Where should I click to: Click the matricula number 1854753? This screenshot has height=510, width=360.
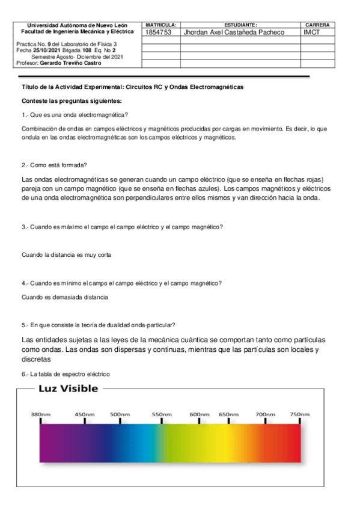pos(159,32)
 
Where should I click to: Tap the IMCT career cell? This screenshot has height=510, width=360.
pos(313,32)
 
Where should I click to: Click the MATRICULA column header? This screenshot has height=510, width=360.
pos(160,25)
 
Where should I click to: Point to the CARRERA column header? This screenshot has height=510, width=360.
pos(317,25)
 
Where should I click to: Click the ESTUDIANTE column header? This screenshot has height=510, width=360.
pos(240,25)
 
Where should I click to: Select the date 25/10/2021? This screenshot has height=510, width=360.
pos(45,51)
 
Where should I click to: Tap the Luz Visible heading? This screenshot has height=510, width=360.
pos(68,389)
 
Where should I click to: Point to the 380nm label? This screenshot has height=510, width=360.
pos(41,414)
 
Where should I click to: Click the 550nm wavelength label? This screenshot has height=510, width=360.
pos(162,414)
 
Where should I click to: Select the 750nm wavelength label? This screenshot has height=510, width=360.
pos(299,414)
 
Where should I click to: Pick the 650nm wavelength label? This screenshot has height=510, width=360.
pos(228,414)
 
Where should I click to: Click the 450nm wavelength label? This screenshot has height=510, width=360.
pos(84,414)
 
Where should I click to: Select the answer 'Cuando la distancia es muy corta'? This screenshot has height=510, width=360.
pos(67,255)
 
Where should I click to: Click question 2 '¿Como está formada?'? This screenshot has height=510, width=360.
pos(53,165)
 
